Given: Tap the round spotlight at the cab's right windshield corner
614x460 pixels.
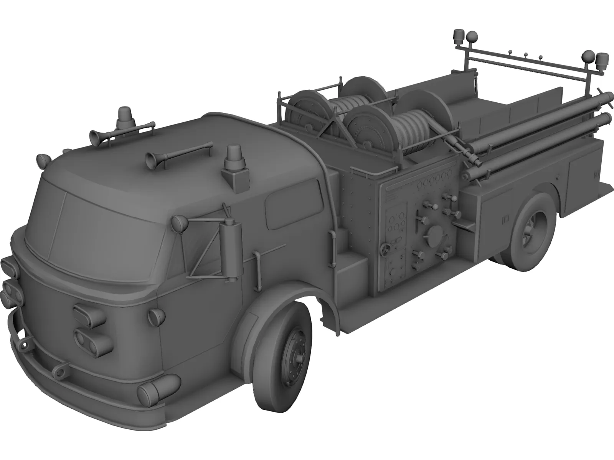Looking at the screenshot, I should (178, 222).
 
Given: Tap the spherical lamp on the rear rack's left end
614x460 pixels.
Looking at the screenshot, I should (471, 38).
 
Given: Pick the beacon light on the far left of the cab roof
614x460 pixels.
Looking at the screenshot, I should (126, 116).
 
